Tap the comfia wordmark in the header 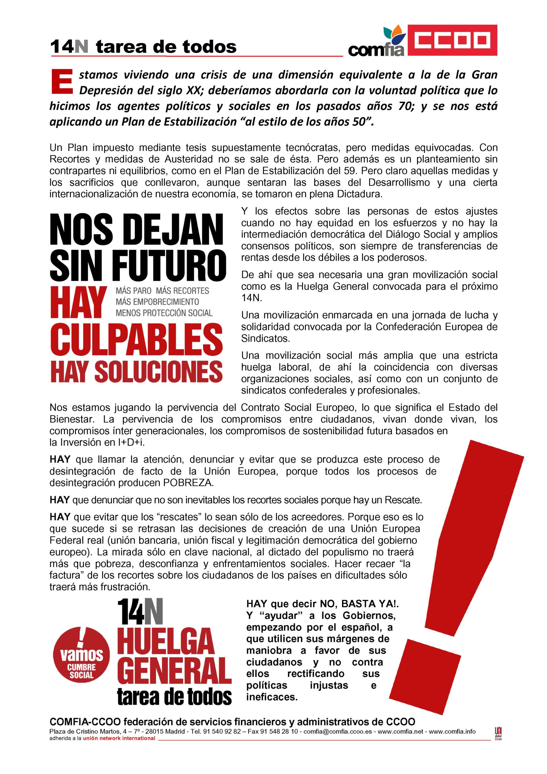(376, 50)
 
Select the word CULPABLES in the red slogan (137, 338)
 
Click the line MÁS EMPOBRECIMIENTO (157, 301)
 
